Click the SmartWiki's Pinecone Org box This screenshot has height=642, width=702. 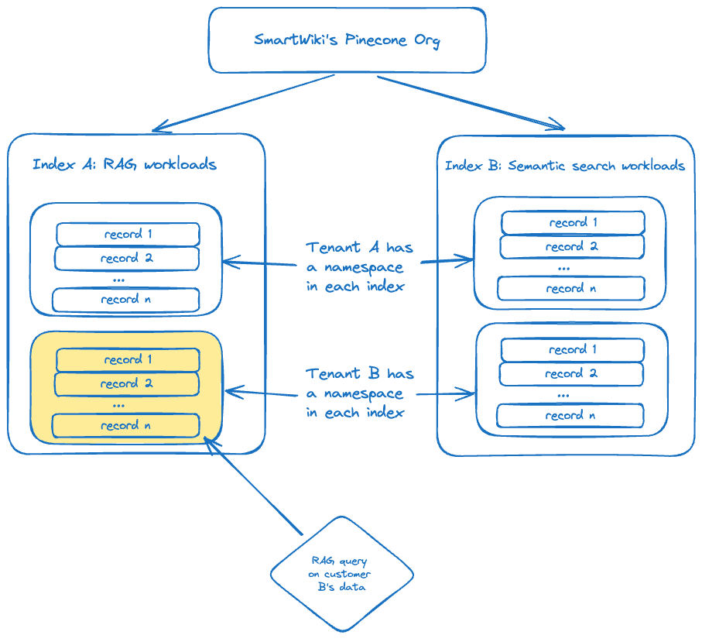pos(347,40)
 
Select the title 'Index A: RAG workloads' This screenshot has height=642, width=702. pos(125,164)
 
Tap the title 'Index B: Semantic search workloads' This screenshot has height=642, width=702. pos(564,166)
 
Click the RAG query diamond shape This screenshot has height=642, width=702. pos(341,574)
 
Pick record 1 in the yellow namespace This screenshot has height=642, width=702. pos(128,360)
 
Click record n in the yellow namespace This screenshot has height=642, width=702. pos(126,425)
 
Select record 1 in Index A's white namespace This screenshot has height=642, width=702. pos(128,234)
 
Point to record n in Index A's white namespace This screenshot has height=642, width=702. pos(126,299)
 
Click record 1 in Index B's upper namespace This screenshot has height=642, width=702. pos(573,223)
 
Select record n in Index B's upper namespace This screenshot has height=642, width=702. pos(570,288)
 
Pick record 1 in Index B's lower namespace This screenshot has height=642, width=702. pos(573,350)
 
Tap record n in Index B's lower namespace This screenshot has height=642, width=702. pos(570,415)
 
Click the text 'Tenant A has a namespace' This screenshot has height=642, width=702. pos(359,266)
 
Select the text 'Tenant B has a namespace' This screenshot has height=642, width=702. pos(359,393)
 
